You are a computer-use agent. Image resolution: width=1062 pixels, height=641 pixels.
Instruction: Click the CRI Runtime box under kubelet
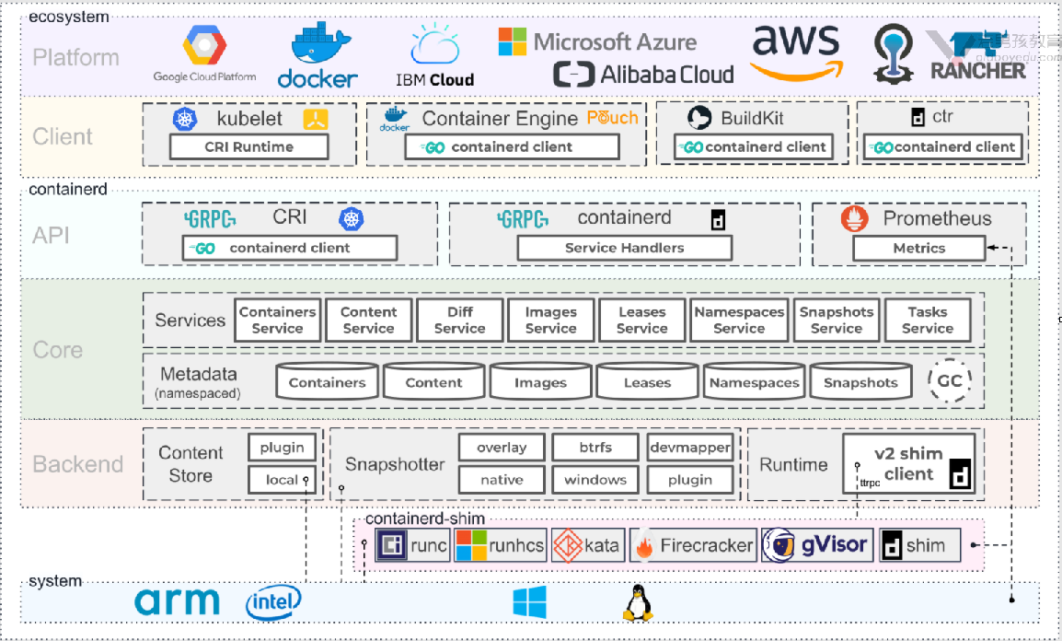coord(248,146)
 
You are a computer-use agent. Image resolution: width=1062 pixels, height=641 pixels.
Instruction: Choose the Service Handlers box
coord(624,248)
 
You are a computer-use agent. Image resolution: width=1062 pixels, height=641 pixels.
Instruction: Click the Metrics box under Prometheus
coord(918,248)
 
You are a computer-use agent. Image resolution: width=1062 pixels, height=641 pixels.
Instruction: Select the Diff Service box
coord(459,320)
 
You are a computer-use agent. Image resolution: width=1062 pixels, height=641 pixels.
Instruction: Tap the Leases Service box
coord(641,320)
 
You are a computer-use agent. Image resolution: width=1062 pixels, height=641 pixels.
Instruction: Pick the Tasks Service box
coord(927,320)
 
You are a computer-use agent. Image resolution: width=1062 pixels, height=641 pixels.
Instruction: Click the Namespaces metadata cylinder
coord(754,382)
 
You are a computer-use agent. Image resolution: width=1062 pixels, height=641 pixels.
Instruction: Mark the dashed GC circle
coord(949,379)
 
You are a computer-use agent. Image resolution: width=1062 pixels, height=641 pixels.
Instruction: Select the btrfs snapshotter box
coord(594,448)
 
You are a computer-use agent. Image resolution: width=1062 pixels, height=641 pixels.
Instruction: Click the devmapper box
coord(689,448)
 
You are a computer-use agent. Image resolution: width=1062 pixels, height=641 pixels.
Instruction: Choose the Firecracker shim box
coord(693,545)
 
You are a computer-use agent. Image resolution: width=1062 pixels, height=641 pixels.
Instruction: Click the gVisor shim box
coord(816,545)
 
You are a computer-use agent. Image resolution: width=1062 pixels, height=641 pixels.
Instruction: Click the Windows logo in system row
coord(529,602)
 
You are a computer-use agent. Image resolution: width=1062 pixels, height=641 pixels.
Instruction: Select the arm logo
coord(178,602)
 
